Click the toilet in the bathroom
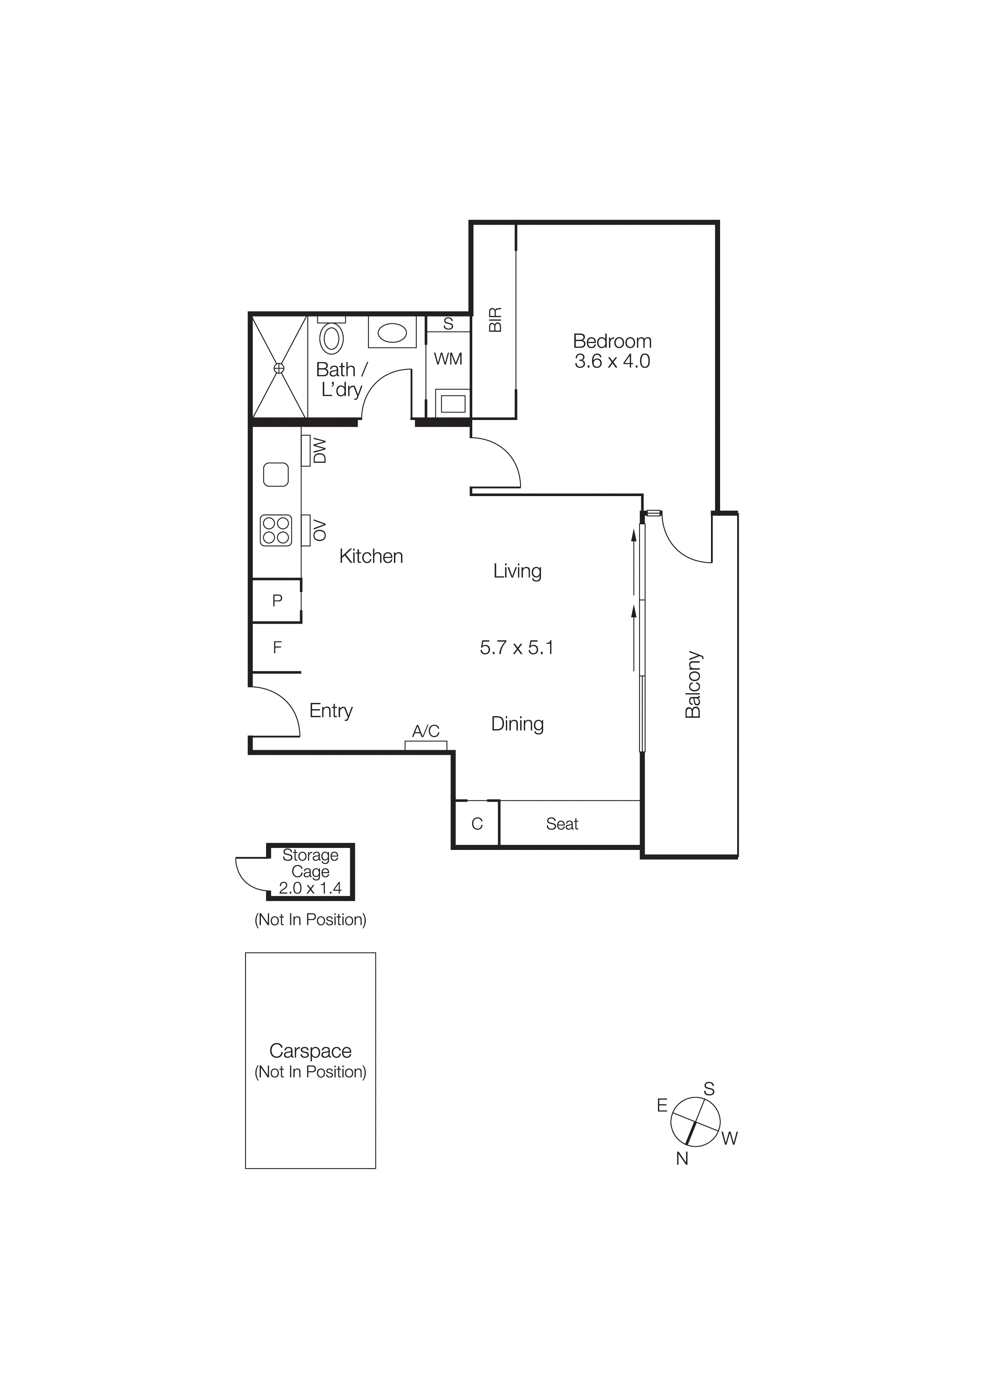click(x=331, y=336)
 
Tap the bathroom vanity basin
click(x=392, y=332)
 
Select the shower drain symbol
click(x=279, y=367)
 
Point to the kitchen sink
click(x=276, y=474)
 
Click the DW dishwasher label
click(x=320, y=451)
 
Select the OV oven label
click(x=320, y=530)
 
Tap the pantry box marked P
click(x=278, y=601)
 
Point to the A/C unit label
click(x=426, y=731)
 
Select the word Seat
click(x=562, y=823)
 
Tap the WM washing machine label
click(x=448, y=359)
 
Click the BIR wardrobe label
click(x=495, y=320)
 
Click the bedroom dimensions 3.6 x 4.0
click(x=612, y=361)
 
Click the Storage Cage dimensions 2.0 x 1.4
click(x=310, y=888)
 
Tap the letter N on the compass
click(x=682, y=1158)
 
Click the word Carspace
click(x=310, y=1050)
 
